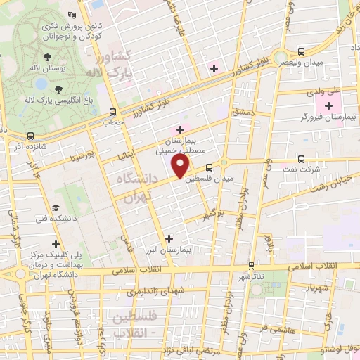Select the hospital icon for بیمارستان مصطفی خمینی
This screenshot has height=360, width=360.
181,129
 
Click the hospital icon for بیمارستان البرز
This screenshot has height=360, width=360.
168,238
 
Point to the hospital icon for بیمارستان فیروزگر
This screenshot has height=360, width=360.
328,105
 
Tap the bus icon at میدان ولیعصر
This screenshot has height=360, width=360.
301,51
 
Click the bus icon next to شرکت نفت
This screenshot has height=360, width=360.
301,159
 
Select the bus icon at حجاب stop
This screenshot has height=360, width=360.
112,111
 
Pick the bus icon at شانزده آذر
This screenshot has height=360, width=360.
30,136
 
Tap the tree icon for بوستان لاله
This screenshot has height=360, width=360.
47,57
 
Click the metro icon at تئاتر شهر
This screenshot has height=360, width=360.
251,266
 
